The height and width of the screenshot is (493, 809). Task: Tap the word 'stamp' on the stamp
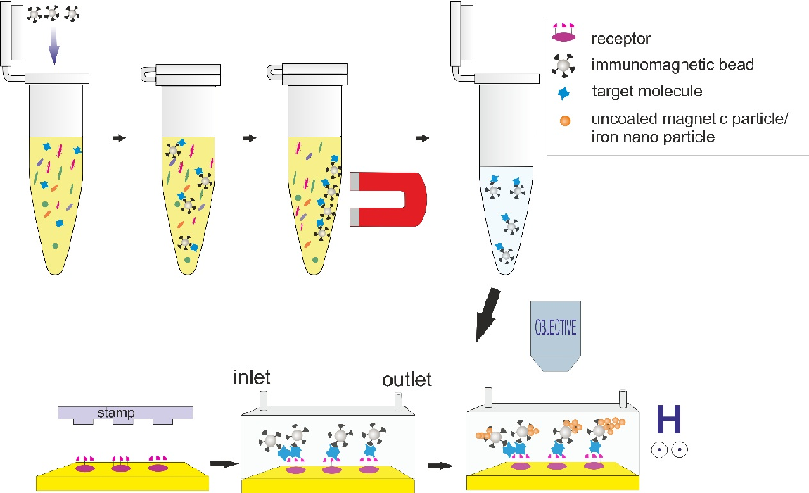(116, 413)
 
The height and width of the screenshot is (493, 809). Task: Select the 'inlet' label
(252, 377)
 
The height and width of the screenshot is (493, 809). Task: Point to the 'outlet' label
(407, 380)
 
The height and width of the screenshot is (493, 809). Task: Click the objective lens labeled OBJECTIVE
(556, 336)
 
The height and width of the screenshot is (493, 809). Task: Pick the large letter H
(669, 419)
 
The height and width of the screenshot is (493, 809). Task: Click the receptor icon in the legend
(563, 33)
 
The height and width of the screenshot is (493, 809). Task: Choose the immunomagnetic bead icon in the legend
(563, 65)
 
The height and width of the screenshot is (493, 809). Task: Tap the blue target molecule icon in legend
(564, 93)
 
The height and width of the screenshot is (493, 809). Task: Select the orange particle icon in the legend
(565, 121)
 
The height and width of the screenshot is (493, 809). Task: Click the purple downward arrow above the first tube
(54, 46)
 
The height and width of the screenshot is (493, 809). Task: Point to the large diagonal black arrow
(488, 316)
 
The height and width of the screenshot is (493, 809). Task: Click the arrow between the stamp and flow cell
(225, 463)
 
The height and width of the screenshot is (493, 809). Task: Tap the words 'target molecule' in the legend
(647, 92)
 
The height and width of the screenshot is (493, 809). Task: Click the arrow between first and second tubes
(119, 138)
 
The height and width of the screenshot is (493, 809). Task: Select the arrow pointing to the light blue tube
(422, 138)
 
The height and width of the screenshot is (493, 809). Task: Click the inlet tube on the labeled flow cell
(264, 401)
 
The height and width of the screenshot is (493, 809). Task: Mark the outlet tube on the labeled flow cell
(398, 402)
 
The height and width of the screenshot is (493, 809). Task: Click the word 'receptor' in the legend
(620, 39)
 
